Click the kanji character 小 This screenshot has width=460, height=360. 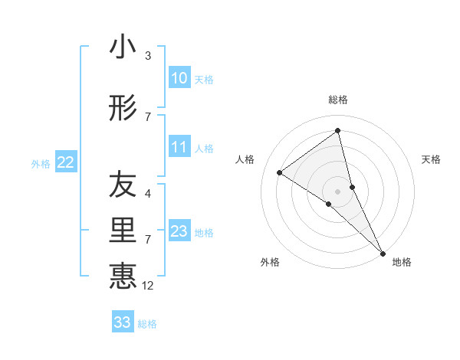[x=123, y=47]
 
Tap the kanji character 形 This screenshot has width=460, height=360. [x=123, y=109]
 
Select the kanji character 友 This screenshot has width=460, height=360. [x=123, y=185]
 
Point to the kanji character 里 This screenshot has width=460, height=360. [x=123, y=231]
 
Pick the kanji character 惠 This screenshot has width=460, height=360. [x=123, y=276]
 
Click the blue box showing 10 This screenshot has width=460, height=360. [x=179, y=78]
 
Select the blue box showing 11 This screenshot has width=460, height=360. [x=179, y=147]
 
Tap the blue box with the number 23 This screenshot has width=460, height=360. [x=179, y=231]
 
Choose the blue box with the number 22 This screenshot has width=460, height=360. [x=66, y=162]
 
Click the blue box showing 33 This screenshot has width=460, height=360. [x=123, y=322]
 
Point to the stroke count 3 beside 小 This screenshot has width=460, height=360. [x=148, y=56]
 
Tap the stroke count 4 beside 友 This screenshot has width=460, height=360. [x=148, y=194]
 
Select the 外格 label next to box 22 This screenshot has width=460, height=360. [x=41, y=163]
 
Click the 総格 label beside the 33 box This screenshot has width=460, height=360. [x=147, y=324]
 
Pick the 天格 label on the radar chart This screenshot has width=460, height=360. [x=431, y=159]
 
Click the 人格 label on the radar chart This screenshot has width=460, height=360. [x=245, y=159]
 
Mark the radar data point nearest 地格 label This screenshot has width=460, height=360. [x=383, y=252]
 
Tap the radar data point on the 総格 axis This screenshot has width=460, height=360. [x=337, y=131]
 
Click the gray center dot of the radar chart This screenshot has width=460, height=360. [x=337, y=191]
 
